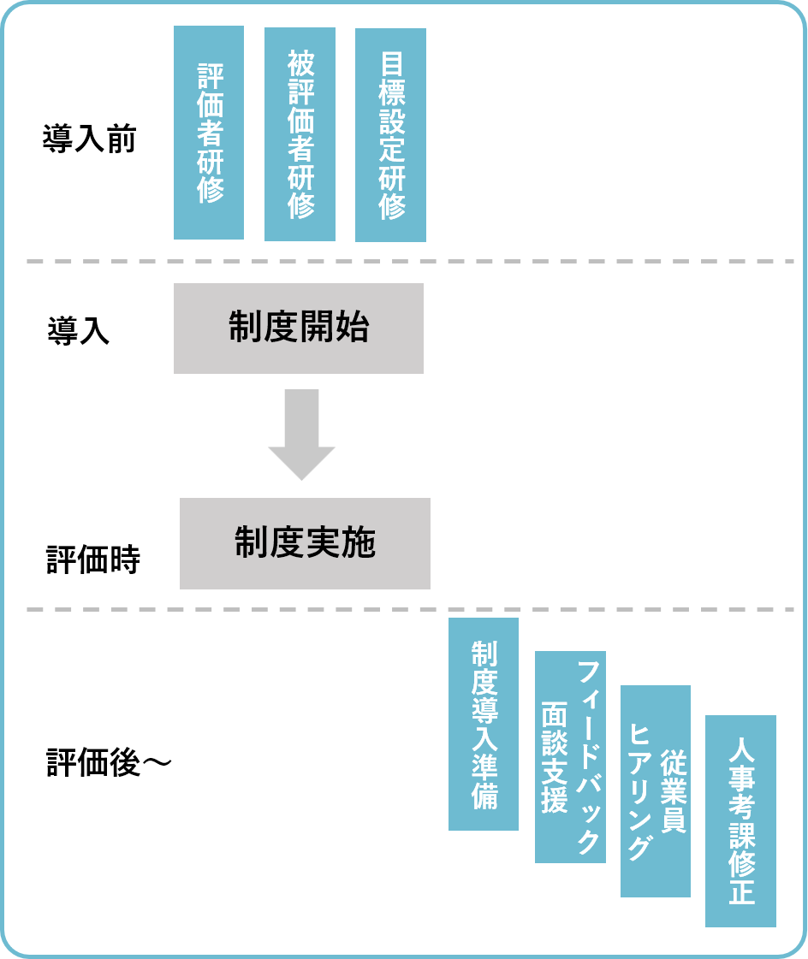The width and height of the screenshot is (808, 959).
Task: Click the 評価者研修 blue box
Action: (209, 133)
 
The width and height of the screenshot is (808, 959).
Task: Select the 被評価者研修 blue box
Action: (300, 134)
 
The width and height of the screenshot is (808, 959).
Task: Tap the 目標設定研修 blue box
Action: (390, 135)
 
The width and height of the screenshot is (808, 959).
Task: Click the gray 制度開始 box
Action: (299, 329)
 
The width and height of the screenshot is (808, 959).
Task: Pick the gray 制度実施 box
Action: (305, 544)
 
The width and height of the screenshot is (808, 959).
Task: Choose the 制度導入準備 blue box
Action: (484, 724)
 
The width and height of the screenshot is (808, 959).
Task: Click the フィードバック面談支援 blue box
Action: (570, 757)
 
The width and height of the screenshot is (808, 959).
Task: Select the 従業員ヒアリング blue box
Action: (656, 791)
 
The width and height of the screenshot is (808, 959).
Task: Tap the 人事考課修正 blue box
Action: (740, 821)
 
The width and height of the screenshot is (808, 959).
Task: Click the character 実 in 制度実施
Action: (323, 544)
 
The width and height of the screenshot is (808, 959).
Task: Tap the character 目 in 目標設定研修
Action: (391, 65)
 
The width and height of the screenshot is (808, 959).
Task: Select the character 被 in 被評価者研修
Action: (300, 63)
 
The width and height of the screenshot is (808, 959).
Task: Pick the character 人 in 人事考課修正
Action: (741, 751)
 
